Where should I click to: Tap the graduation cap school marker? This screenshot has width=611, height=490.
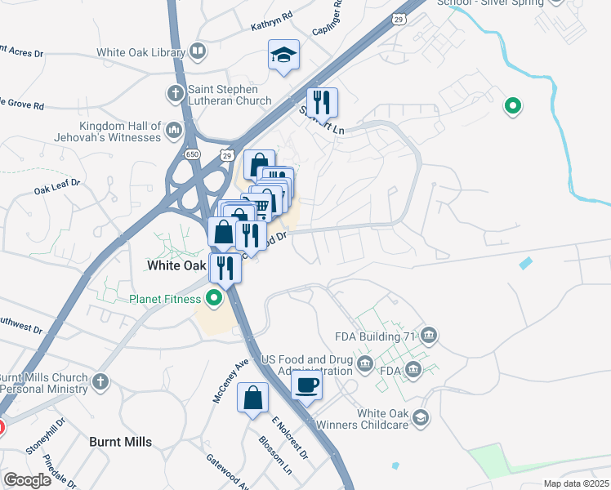pyautogui.click(x=283, y=56)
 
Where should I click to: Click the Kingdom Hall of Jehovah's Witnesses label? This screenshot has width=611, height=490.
pyautogui.click(x=120, y=131)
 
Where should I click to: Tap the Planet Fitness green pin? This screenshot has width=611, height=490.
pyautogui.click(x=214, y=298)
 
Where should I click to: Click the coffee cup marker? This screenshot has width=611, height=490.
pyautogui.click(x=306, y=385)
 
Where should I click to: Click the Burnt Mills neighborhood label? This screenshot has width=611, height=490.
pyautogui.click(x=120, y=442)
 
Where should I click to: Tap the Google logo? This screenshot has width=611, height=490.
pyautogui.click(x=26, y=480)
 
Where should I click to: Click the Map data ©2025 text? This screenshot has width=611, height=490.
pyautogui.click(x=576, y=483)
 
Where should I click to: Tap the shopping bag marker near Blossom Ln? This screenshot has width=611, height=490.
pyautogui.click(x=253, y=398)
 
